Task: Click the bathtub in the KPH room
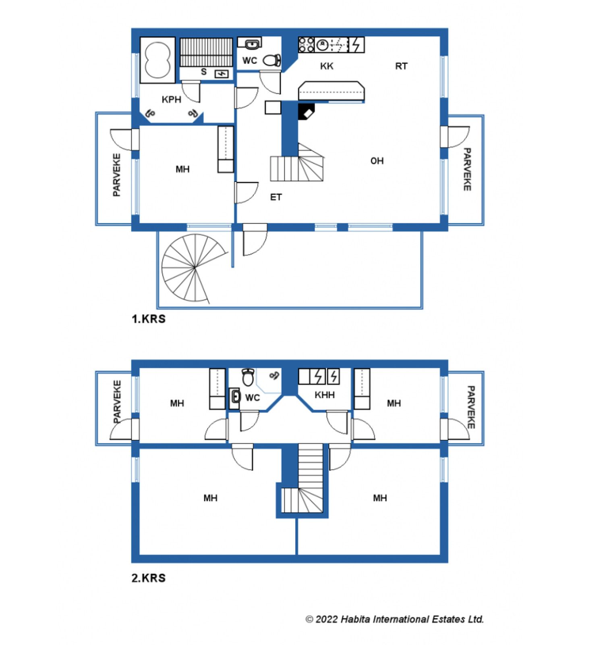point(157,60)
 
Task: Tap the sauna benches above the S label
point(206,52)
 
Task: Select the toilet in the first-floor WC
point(272,60)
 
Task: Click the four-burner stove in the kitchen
point(306,45)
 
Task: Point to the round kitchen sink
point(322,45)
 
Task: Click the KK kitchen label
point(327,66)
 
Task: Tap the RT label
point(401,66)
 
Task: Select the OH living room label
point(377,161)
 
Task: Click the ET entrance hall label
point(276,197)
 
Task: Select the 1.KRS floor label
point(149,319)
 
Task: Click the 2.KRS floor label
point(149,578)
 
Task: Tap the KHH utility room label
point(325,395)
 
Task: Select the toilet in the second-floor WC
point(248,377)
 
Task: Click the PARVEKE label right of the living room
point(467,169)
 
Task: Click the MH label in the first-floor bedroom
point(182,169)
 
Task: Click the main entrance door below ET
point(255,239)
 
